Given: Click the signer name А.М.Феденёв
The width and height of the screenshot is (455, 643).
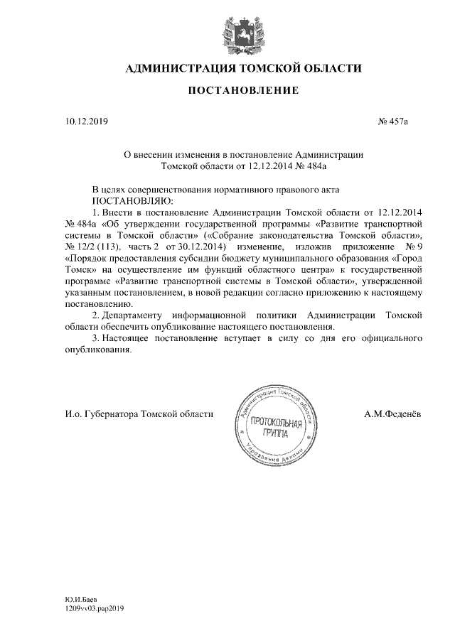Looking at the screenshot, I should coord(394,414).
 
